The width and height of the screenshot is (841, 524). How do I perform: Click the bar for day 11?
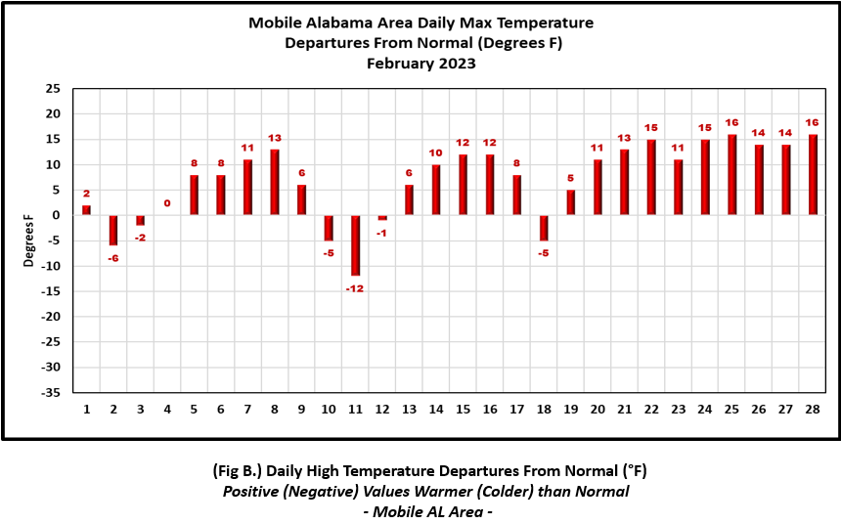pyautogui.click(x=355, y=245)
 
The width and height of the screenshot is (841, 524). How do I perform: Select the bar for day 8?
pyautogui.click(x=275, y=183)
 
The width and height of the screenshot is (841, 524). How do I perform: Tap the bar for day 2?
pyautogui.click(x=113, y=231)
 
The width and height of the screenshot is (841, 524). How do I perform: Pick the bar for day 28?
pyautogui.click(x=813, y=175)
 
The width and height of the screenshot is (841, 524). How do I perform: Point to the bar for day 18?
pyautogui.click(x=544, y=228)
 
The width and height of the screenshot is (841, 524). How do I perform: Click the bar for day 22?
pyautogui.click(x=651, y=178)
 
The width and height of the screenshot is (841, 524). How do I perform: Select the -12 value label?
pyautogui.click(x=355, y=288)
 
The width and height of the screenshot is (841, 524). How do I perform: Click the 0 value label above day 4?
pyautogui.click(x=167, y=203)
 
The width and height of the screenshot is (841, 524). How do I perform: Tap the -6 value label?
pyautogui.click(x=113, y=258)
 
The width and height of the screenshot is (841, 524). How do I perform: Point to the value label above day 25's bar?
pyautogui.click(x=732, y=123)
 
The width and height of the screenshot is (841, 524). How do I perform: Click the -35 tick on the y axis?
pyautogui.click(x=52, y=393)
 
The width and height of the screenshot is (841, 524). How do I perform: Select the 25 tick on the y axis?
pyautogui.click(x=53, y=89)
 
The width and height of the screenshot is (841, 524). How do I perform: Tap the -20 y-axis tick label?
pyautogui.click(x=52, y=317)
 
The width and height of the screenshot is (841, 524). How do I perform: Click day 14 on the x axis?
pyautogui.click(x=436, y=410)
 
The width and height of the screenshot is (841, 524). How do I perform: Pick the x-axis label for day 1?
pyautogui.click(x=86, y=410)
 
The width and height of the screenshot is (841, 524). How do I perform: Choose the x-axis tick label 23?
pyautogui.click(x=679, y=410)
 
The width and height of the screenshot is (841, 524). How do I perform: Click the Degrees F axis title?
pyautogui.click(x=28, y=240)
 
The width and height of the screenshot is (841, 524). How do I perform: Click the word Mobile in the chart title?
pyautogui.click(x=275, y=23)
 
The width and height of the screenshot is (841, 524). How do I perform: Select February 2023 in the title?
pyautogui.click(x=421, y=64)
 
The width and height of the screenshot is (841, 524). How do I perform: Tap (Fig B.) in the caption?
pyautogui.click(x=237, y=471)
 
